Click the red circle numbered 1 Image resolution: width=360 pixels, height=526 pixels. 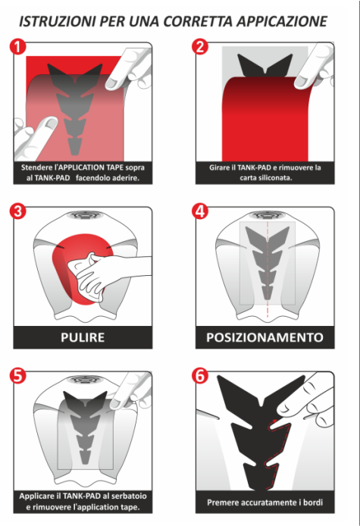pyautogui.click(x=17, y=46)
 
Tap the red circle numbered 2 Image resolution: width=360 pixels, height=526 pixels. pyautogui.click(x=200, y=46)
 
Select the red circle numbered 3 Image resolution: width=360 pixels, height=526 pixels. pyautogui.click(x=17, y=211)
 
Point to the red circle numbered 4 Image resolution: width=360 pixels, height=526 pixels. pyautogui.click(x=200, y=211)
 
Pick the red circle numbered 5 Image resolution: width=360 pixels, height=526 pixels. pyautogui.click(x=17, y=375)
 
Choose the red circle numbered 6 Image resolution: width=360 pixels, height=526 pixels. pyautogui.click(x=200, y=375)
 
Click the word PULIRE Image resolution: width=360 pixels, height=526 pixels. pyautogui.click(x=83, y=337)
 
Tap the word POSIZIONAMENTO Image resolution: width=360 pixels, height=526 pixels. pyautogui.click(x=265, y=337)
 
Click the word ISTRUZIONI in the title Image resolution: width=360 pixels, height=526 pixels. pyautogui.click(x=56, y=21)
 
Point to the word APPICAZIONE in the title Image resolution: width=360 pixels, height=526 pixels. pyautogui.click(x=283, y=21)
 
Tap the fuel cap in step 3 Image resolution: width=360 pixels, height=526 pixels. pyautogui.click(x=83, y=214)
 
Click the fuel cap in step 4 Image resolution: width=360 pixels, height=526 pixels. pyautogui.click(x=268, y=214)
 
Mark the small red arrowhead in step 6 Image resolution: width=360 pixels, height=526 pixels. pyautogui.click(x=275, y=421)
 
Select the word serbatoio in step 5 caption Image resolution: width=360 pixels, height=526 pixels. pyautogui.click(x=129, y=496)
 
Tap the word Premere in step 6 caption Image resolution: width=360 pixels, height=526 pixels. pyautogui.click(x=222, y=503)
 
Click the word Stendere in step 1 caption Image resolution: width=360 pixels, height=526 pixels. pyautogui.click(x=36, y=168)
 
